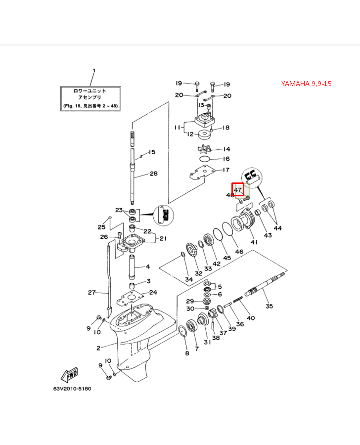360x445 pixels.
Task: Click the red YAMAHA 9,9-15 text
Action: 306,84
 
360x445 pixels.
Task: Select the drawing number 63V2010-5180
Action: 72,389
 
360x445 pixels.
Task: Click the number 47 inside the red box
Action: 238,189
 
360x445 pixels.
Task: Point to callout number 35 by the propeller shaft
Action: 269,307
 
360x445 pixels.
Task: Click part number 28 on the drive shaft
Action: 153,174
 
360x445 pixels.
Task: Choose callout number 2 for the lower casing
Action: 98,348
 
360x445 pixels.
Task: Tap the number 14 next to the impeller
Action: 226,149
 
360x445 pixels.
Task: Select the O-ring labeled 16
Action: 207,159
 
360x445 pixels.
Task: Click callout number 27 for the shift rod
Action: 91,293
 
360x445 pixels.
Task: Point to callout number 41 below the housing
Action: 254,242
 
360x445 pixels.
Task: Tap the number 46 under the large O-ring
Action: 239,252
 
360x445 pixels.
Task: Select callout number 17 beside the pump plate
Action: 226,170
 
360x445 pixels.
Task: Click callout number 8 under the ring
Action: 186,353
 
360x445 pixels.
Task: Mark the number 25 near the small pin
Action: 101,227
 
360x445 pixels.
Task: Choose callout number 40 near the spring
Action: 251,318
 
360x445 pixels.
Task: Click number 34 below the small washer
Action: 189,279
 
